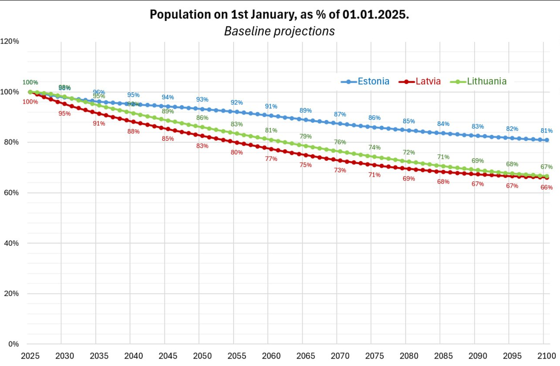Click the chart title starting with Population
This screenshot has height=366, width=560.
pyautogui.click(x=279, y=14)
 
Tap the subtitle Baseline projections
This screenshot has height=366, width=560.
pyautogui.click(x=279, y=31)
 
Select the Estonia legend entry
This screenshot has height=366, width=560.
pyautogui.click(x=373, y=81)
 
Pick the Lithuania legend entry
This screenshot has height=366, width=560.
pyautogui.click(x=487, y=81)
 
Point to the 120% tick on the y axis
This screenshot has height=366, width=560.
pyautogui.click(x=9, y=41)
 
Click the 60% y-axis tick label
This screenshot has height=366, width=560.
pyautogui.click(x=11, y=193)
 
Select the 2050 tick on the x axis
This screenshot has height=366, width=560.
pyautogui.click(x=202, y=356)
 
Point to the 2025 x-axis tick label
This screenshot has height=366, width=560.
pyautogui.click(x=30, y=356)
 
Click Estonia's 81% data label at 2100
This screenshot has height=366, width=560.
pyautogui.click(x=546, y=131)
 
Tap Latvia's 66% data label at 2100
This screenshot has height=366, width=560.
pyautogui.click(x=546, y=187)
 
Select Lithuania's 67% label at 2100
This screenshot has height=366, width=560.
pyautogui.click(x=546, y=167)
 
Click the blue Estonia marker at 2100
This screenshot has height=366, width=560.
pyautogui.click(x=546, y=140)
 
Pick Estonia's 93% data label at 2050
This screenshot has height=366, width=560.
pyautogui.click(x=202, y=100)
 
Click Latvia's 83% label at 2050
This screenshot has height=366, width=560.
pyautogui.click(x=202, y=146)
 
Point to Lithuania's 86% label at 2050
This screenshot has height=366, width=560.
pyautogui.click(x=202, y=118)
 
